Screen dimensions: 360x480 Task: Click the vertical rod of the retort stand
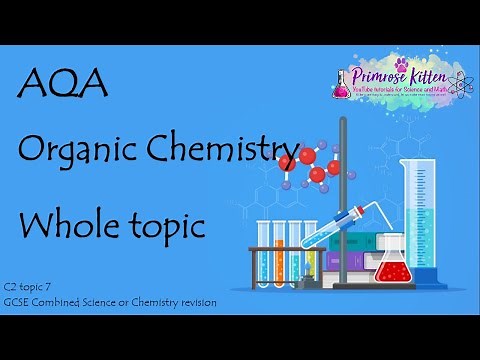coord(342,200)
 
